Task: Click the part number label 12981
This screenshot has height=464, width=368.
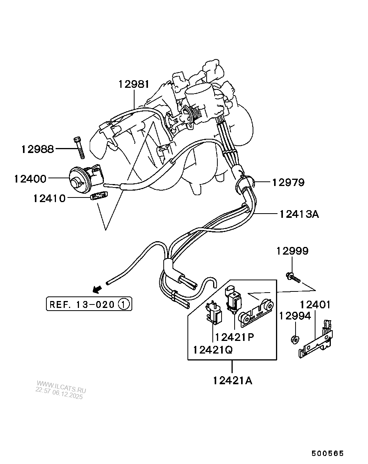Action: click(133, 84)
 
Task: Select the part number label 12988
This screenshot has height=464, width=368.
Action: click(38, 149)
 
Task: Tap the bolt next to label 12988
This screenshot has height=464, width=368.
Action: click(79, 148)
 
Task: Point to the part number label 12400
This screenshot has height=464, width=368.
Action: click(30, 179)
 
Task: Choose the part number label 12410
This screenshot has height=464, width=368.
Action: click(49, 198)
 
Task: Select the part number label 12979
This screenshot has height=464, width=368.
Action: click(288, 183)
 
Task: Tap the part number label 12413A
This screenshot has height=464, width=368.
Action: click(299, 214)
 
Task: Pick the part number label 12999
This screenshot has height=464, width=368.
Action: click(292, 251)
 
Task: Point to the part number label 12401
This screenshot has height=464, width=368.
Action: click(315, 305)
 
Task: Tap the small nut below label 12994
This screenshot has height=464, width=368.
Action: click(295, 339)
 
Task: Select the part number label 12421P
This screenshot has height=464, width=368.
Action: click(235, 337)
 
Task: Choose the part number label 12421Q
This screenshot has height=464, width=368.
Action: click(213, 350)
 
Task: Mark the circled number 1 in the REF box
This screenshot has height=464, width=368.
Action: click(123, 304)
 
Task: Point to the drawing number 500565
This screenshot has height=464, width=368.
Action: click(327, 453)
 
